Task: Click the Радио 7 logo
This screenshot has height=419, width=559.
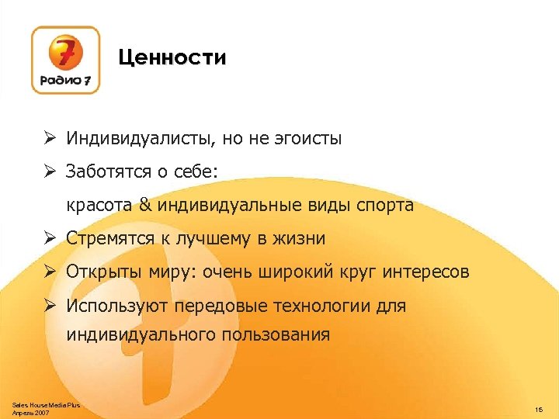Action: tap(65, 60)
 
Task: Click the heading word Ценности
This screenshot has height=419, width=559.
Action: tap(172, 58)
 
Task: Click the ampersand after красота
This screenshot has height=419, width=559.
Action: tap(145, 206)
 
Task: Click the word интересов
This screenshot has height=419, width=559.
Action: tap(425, 272)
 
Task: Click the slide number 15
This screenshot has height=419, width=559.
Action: tap(538, 408)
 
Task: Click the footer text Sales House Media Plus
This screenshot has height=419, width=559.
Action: tap(46, 405)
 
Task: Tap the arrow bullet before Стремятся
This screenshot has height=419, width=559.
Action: tap(48, 238)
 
